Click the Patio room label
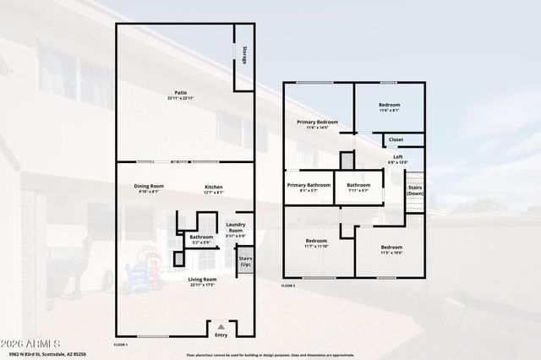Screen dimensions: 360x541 (180, 92)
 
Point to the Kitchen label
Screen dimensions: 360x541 (213, 186)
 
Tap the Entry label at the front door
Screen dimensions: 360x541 (221, 335)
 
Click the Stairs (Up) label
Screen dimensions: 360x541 (245, 261)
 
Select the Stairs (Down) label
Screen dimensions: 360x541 (415, 190)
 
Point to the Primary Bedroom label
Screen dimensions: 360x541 (317, 123)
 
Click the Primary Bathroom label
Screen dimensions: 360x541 (308, 185)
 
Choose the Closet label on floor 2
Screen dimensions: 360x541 (396, 139)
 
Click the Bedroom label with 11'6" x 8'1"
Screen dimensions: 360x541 (389, 105)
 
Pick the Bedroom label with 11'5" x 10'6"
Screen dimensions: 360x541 (391, 247)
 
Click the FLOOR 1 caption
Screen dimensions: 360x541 (121, 345)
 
